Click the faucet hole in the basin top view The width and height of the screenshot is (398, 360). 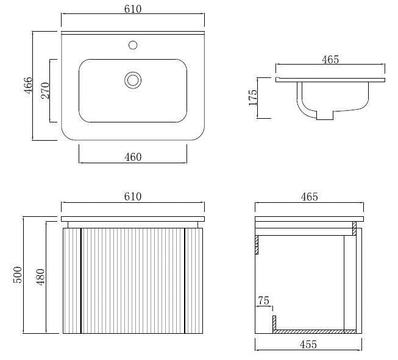click(x=133, y=45)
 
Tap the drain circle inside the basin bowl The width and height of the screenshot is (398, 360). click(x=133, y=80)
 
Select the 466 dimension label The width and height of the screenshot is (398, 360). click(x=29, y=85)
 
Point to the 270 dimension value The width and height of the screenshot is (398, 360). click(x=46, y=90)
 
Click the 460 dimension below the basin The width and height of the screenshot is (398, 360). click(x=133, y=157)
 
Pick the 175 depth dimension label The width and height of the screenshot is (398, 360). click(x=253, y=97)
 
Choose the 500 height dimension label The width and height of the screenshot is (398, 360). click(x=18, y=275)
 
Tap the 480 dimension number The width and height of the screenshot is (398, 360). click(x=40, y=277)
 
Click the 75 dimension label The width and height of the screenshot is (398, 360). click(x=264, y=301)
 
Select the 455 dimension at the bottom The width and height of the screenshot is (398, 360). click(x=308, y=345)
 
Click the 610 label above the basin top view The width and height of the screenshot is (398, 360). click(x=133, y=9)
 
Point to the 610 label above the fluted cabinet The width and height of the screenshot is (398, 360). click(x=133, y=197)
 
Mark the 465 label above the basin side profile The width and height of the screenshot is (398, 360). click(x=330, y=60)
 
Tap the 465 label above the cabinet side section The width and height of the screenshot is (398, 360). click(x=309, y=197)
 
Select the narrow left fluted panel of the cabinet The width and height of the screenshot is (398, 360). click(x=72, y=281)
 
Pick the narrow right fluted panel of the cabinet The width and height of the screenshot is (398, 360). click(x=194, y=281)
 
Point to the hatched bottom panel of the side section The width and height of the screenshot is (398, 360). click(x=314, y=331)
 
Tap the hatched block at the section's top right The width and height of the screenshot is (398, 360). click(x=354, y=228)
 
